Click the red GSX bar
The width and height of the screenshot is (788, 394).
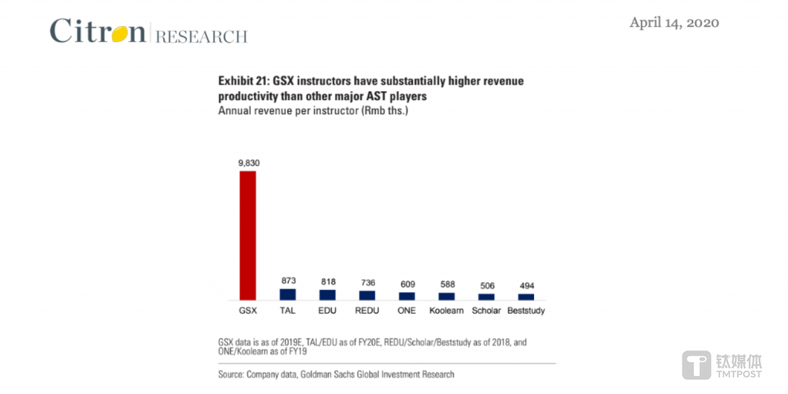pyautogui.click(x=248, y=236)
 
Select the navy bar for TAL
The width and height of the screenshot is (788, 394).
pyautogui.click(x=288, y=295)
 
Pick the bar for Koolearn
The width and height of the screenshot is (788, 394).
pyautogui.click(x=447, y=296)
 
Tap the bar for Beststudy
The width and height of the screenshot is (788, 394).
pyautogui.click(x=526, y=297)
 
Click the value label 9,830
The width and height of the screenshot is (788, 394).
pyautogui.click(x=248, y=163)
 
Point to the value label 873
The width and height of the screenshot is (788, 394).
pyautogui.click(x=288, y=280)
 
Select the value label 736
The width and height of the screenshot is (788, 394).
pyautogui.click(x=367, y=283)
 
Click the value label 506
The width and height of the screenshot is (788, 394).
pyautogui.click(x=486, y=286)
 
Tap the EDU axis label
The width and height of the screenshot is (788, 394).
pyautogui.click(x=327, y=310)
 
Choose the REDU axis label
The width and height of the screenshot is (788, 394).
pyautogui.click(x=367, y=310)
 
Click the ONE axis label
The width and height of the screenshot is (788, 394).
pyautogui.click(x=407, y=310)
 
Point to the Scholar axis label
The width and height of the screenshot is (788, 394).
pyautogui.click(x=486, y=310)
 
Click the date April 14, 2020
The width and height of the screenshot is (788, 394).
pyautogui.click(x=674, y=22)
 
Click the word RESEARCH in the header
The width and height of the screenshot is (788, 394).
pyautogui.click(x=201, y=37)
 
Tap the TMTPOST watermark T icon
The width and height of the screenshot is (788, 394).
pyautogui.click(x=696, y=365)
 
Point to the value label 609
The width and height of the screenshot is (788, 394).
pyautogui.click(x=407, y=284)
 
